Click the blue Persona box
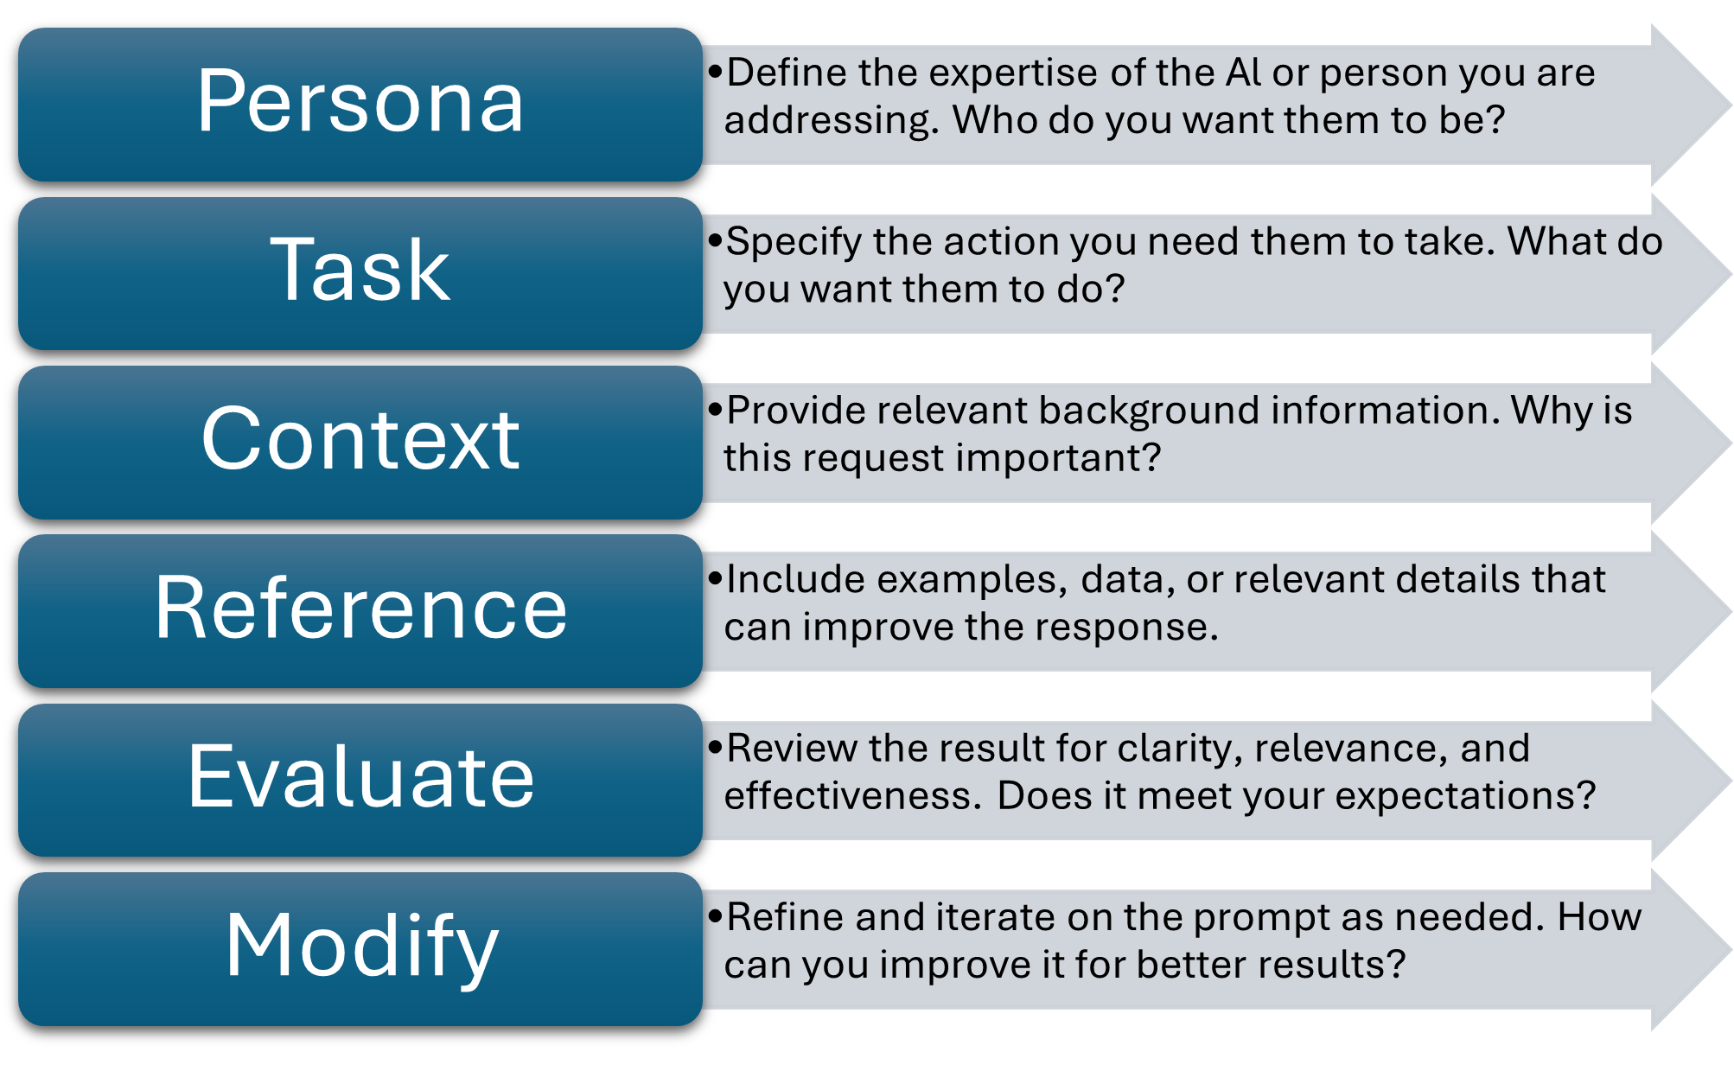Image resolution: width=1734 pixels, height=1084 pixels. (x=360, y=105)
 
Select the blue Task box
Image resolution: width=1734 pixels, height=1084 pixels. (x=360, y=273)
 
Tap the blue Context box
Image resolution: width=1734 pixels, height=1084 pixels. (x=360, y=443)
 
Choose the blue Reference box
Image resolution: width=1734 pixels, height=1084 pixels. (x=360, y=611)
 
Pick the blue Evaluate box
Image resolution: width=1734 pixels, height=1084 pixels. (x=360, y=780)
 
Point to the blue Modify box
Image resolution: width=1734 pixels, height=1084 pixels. (x=360, y=949)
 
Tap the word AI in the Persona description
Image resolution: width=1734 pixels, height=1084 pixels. (x=1243, y=72)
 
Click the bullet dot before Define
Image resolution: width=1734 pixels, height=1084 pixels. (x=715, y=73)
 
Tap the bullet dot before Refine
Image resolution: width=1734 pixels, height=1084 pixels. (x=715, y=917)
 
